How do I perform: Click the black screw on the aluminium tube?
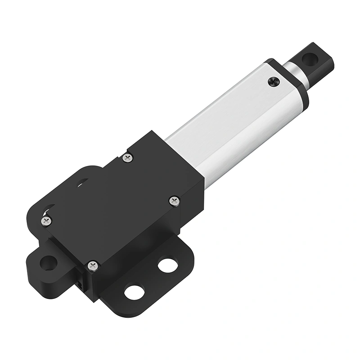273,81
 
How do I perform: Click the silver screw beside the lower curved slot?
46,220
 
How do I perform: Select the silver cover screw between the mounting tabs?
92,265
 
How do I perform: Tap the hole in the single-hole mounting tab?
48,262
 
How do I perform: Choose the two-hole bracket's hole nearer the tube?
167,265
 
